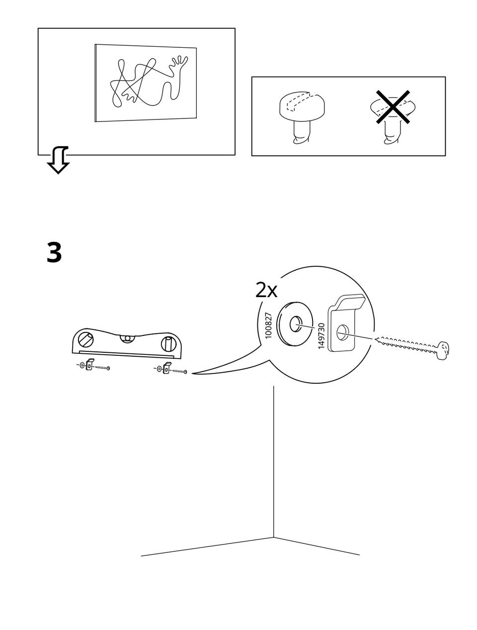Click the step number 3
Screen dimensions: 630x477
coord(54,253)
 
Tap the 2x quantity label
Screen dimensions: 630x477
coord(266,290)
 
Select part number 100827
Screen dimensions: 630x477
coord(269,325)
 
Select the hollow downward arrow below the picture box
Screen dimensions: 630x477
coord(58,160)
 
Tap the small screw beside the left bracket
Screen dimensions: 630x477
coord(102,368)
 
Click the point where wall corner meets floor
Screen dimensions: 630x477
coord(273,537)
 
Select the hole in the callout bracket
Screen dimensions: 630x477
coord(342,332)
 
